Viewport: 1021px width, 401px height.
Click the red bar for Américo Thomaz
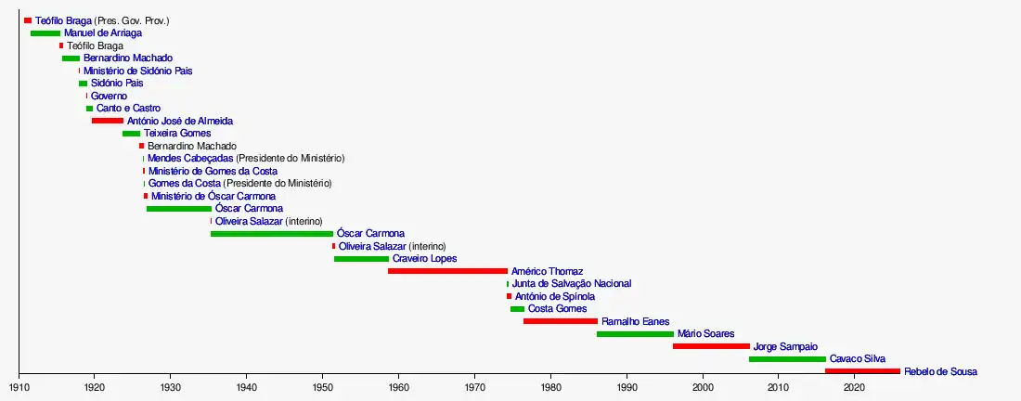pyautogui.click(x=447, y=271)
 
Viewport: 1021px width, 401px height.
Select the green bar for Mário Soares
pyautogui.click(x=635, y=333)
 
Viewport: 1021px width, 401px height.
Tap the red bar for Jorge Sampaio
pyautogui.click(x=711, y=346)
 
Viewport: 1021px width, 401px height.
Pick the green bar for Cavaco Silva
pyautogui.click(x=787, y=358)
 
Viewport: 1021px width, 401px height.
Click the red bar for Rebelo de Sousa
pyautogui.click(x=862, y=371)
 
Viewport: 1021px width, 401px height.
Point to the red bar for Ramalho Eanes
pyautogui.click(x=561, y=321)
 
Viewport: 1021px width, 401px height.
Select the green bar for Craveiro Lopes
pyautogui.click(x=361, y=259)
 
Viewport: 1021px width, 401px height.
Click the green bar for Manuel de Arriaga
pyautogui.click(x=45, y=33)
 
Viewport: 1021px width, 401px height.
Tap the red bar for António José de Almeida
pyautogui.click(x=108, y=121)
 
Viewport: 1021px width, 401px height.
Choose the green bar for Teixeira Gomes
pyautogui.click(x=131, y=134)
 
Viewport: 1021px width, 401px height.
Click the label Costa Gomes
pyautogui.click(x=557, y=308)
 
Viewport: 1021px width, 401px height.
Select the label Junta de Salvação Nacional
pyautogui.click(x=572, y=283)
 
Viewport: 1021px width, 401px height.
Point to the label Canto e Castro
pyautogui.click(x=128, y=109)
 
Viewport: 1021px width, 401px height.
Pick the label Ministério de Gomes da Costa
pyautogui.click(x=213, y=171)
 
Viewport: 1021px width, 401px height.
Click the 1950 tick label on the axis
pyautogui.click(x=322, y=386)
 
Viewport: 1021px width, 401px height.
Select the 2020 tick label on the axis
pyautogui.click(x=855, y=386)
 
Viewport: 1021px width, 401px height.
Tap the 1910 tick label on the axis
pyautogui.click(x=18, y=386)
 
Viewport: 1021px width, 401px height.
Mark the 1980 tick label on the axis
pyautogui.click(x=550, y=386)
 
